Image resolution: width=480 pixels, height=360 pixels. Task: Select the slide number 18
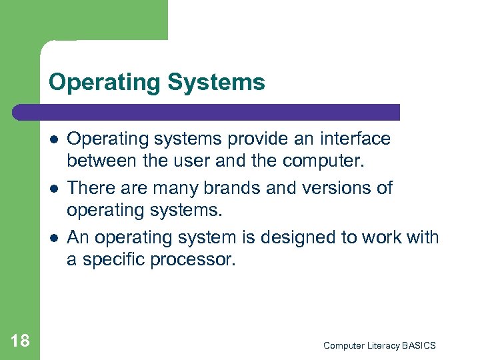(x=20, y=341)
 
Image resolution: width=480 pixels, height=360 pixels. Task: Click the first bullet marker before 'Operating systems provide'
(x=53, y=139)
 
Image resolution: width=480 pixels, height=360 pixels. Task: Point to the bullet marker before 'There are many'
(x=53, y=188)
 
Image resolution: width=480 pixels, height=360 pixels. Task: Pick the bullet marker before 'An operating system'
(x=53, y=237)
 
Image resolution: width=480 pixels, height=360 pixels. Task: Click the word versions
(x=335, y=188)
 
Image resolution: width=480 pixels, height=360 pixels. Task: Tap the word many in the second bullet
(x=167, y=188)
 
